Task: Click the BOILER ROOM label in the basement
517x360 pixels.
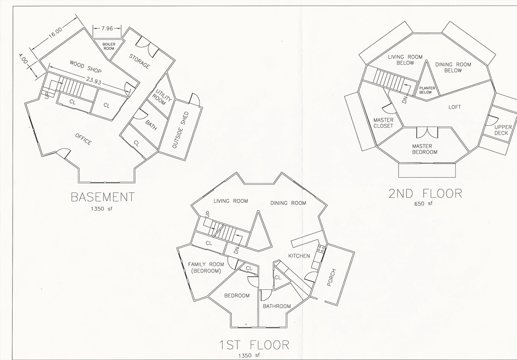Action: coord(109,46)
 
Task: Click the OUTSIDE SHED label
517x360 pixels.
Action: coord(180,130)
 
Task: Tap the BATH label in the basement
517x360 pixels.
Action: coord(151,125)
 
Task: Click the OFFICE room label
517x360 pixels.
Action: coord(83,139)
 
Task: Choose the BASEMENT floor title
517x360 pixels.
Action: coord(102,196)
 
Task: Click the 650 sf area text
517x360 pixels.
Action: coord(424,203)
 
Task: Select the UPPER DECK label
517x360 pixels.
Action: coord(503,130)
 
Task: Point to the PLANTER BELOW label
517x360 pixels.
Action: coord(426,90)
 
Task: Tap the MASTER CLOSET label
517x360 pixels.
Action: coord(383,123)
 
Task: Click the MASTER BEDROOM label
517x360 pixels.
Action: coord(425,149)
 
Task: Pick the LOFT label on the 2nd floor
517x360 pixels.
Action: coord(455,107)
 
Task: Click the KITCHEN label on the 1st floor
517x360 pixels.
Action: coord(299,256)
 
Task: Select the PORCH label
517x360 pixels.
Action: coord(332,277)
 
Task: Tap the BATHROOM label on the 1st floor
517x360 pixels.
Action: coord(277,306)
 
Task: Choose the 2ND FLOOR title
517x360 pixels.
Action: coord(425,193)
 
